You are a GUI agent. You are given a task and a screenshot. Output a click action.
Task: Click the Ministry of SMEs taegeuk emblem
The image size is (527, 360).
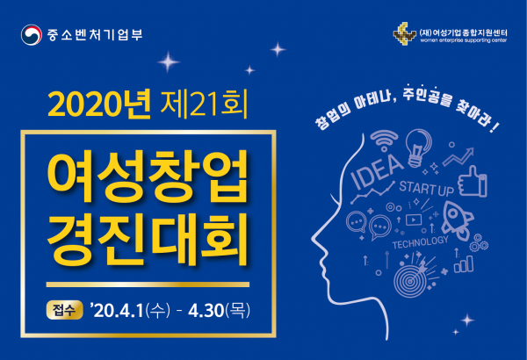(x=32, y=34)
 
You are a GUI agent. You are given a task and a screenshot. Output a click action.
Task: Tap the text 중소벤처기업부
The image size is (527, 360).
(x=95, y=34)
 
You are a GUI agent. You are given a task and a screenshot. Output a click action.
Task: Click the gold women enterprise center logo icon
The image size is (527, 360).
(x=404, y=33)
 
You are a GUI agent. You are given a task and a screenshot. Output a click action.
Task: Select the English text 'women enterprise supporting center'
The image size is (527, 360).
(x=463, y=40)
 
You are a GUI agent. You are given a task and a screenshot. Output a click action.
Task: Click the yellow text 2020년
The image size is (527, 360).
(x=99, y=104)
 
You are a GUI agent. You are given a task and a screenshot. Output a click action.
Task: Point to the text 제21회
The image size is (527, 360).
(x=204, y=104)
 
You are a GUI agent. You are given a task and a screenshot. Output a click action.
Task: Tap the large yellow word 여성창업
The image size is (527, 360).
(x=148, y=176)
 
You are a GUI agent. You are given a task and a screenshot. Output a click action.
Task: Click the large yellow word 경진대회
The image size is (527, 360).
(x=148, y=238)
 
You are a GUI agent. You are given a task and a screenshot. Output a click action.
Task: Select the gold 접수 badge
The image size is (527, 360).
(x=64, y=310)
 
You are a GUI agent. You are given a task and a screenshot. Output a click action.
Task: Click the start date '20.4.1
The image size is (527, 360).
(x=117, y=310)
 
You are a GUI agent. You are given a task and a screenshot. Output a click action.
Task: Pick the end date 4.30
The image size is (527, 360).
(x=206, y=310)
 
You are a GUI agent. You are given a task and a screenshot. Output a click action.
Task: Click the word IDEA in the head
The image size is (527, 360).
(x=377, y=171)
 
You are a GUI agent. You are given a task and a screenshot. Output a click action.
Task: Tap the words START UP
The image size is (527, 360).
(x=427, y=188)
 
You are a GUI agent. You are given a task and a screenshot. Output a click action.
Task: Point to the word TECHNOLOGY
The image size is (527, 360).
(x=421, y=242)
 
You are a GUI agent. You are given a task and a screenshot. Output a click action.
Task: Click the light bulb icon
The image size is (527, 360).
(x=418, y=148)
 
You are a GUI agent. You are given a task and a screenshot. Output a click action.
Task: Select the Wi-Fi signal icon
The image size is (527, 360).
(x=384, y=140)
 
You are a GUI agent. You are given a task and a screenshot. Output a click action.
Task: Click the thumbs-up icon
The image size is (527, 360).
(x=473, y=182)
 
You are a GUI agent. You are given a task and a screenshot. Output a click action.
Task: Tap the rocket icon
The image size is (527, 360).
(x=457, y=220)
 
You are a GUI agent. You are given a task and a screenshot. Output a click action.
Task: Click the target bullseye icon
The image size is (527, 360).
(x=411, y=280)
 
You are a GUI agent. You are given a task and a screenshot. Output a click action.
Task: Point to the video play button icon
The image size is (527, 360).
(x=414, y=220)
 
